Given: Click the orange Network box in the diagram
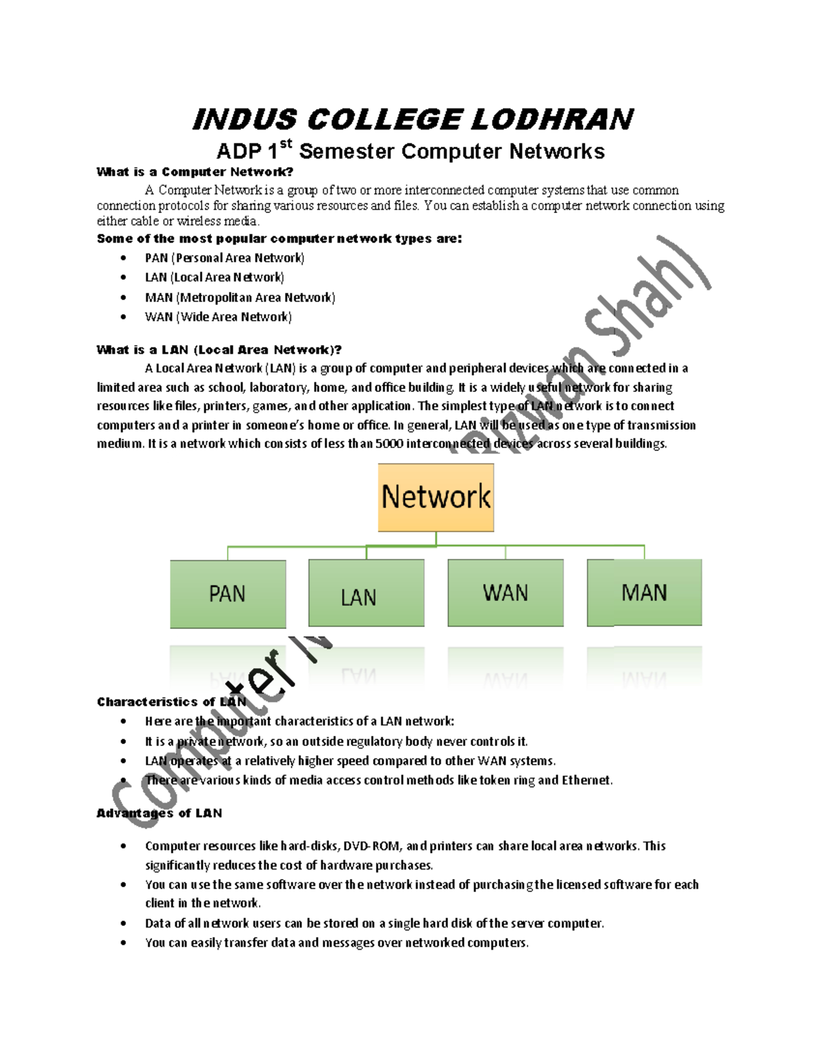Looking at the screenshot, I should (436, 497).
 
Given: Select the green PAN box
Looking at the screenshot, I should (227, 593).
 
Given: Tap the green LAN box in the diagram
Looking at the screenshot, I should (366, 593).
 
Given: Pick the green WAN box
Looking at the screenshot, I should (506, 593).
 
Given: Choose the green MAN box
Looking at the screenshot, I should (644, 593).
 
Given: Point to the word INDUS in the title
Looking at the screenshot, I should (245, 120).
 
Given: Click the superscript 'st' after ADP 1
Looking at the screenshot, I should (286, 144).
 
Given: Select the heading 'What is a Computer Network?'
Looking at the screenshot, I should (195, 172).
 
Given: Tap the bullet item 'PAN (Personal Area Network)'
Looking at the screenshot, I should (225, 258).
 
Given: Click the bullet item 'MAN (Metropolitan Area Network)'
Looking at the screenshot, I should (240, 297).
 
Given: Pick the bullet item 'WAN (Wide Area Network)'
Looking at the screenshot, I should (218, 317).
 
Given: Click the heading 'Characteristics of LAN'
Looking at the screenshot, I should (171, 702).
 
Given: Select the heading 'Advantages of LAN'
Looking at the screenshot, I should (159, 813).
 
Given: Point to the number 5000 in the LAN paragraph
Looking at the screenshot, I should (389, 443).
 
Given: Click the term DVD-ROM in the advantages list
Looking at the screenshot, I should (371, 846).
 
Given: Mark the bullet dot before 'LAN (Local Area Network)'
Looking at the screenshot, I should (123, 277).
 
